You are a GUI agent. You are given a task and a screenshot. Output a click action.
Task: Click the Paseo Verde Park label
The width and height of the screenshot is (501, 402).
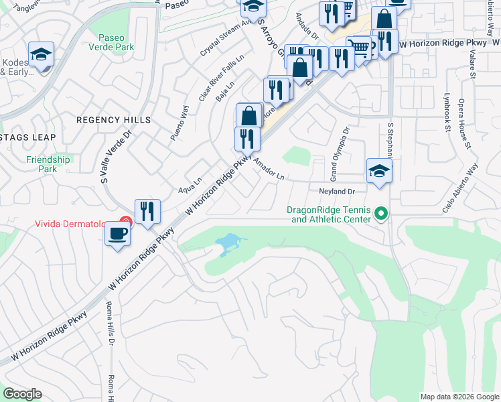(116, 42)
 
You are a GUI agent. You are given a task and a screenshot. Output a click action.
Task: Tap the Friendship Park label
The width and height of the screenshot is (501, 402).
(48, 164)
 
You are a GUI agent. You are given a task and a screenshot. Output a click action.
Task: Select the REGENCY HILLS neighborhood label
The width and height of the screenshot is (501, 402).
(113, 120)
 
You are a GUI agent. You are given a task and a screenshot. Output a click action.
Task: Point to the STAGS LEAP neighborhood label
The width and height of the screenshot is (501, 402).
(27, 137)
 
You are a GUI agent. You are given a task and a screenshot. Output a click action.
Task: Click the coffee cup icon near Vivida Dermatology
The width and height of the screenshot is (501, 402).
(118, 234)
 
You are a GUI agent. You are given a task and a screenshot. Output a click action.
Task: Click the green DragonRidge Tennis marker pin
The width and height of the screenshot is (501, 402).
(381, 214)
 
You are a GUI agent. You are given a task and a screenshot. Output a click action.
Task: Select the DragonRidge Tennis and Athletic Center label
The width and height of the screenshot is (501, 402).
(328, 214)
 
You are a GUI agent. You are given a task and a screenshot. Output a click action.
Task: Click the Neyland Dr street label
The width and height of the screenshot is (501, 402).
(336, 191)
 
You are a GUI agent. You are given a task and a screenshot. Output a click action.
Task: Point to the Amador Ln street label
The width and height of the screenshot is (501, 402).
(269, 170)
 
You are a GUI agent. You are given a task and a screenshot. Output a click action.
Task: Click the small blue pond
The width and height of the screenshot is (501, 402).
(227, 242)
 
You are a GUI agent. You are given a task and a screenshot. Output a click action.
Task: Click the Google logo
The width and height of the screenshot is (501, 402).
(23, 394)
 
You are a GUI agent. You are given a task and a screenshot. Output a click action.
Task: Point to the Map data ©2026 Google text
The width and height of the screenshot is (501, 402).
(459, 397)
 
